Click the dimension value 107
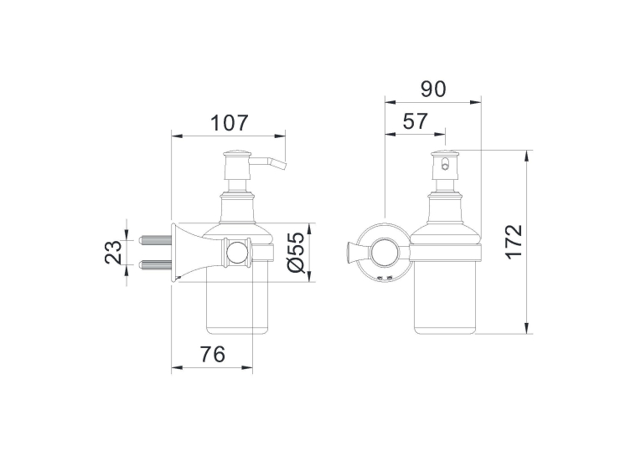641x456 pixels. pyautogui.click(x=230, y=123)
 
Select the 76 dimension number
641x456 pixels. pyautogui.click(x=213, y=354)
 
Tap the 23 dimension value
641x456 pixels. pyautogui.click(x=113, y=252)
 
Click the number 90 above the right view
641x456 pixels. pyautogui.click(x=433, y=89)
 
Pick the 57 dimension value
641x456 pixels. pyautogui.click(x=415, y=121)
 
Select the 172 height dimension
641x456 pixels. pyautogui.click(x=514, y=241)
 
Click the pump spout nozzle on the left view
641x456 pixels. pyautogui.click(x=270, y=162)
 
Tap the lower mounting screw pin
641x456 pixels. pyautogui.click(x=156, y=265)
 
